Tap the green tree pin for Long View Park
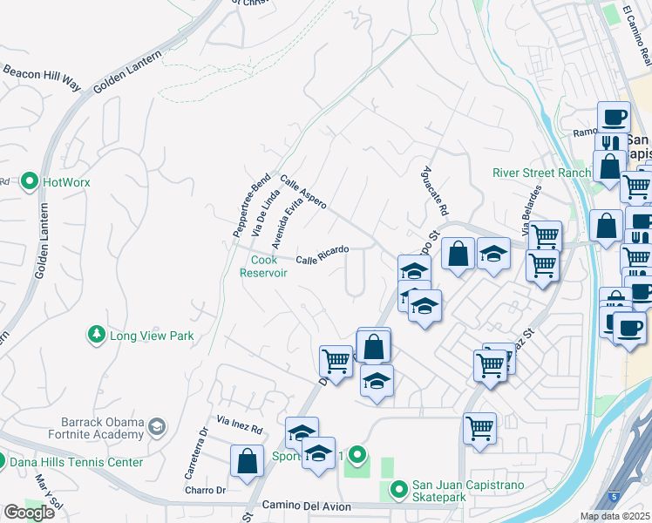click(94, 335)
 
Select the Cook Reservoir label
click(263, 266)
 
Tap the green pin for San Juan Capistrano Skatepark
click(398, 491)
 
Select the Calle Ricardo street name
click(322, 255)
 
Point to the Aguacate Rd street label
click(433, 192)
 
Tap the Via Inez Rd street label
click(240, 426)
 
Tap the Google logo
click(29, 512)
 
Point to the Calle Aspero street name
click(303, 192)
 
